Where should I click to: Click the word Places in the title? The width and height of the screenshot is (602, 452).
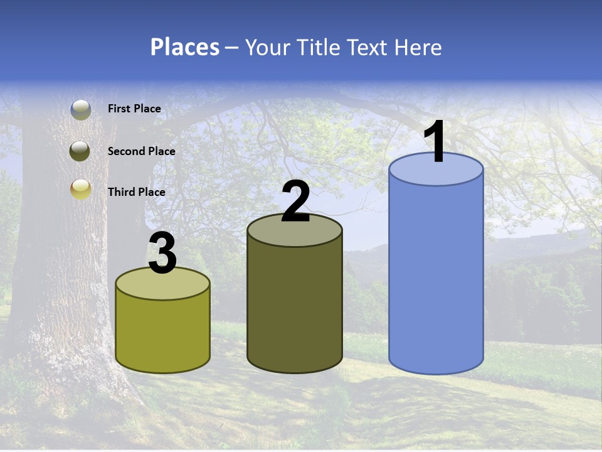click(185, 47)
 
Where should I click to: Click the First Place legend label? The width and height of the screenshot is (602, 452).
click(134, 109)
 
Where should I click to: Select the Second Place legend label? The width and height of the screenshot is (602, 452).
click(141, 151)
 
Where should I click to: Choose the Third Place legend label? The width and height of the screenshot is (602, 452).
click(136, 192)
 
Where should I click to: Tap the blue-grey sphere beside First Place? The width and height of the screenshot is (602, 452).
click(81, 110)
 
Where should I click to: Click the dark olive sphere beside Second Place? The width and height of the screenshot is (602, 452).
click(80, 151)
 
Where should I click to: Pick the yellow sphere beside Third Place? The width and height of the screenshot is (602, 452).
click(81, 188)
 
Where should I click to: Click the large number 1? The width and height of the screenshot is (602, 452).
click(435, 143)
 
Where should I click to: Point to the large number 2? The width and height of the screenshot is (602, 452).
click(295, 202)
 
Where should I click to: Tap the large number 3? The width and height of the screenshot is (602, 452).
click(162, 254)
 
